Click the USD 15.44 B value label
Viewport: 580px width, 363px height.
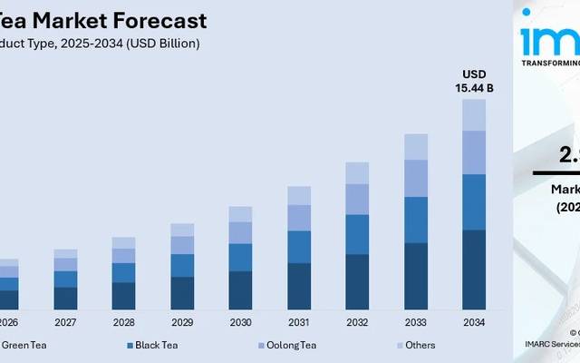474,81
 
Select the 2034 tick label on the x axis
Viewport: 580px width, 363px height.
474,322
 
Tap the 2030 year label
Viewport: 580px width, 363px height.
240,322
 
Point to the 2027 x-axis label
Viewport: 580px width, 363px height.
65,322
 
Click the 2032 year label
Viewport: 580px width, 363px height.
357,322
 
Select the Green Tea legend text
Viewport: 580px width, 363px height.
24,345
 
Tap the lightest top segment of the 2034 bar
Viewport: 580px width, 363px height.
474,114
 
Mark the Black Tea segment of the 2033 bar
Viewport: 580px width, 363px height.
416,220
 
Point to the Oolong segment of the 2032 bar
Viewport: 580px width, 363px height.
357,199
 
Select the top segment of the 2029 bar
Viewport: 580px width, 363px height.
182,230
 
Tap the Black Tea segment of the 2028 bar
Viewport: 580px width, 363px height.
123,272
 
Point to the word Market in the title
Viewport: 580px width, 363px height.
76,20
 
